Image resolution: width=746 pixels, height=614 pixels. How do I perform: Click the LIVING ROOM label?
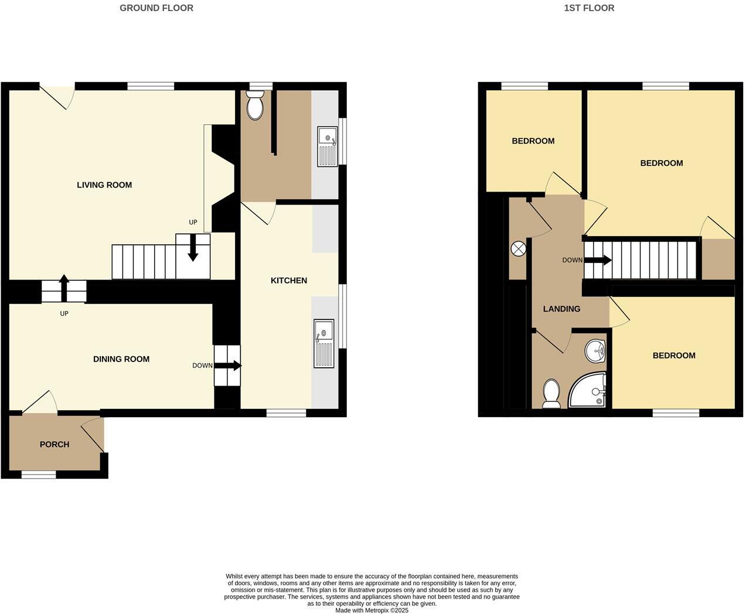pos(104,185)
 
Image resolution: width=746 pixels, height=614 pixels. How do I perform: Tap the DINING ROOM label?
pos(121,359)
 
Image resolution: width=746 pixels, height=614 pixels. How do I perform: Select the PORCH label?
pos(54,445)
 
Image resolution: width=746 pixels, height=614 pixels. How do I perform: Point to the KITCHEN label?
pos(289,281)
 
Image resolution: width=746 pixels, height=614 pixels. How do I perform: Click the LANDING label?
pos(561,309)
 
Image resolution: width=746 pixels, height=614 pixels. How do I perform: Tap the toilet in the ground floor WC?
pos(256,107)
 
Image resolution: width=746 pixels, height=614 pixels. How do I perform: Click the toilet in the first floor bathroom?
pos(551,393)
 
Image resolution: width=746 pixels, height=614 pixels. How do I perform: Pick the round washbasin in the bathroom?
pos(596,351)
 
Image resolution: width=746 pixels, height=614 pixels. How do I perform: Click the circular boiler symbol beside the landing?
pos(519,249)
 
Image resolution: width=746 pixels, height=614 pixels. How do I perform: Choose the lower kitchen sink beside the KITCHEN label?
pos(324,343)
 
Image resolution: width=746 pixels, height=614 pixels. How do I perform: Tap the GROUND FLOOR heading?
pos(156,8)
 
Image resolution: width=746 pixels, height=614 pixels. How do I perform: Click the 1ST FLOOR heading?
pos(589,8)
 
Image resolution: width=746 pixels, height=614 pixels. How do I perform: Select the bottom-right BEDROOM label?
pos(674,356)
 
